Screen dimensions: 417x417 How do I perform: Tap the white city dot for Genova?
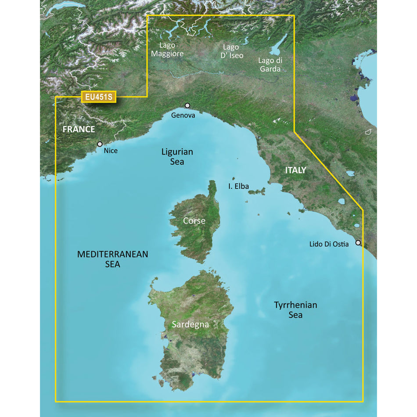click(x=187, y=105)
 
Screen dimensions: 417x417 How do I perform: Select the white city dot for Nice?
click(x=100, y=144)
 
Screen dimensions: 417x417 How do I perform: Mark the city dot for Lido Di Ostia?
click(x=358, y=243)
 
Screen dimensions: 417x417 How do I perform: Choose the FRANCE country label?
click(x=79, y=129)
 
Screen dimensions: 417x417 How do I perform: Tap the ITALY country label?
click(x=295, y=170)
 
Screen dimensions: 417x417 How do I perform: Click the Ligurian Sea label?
click(x=177, y=157)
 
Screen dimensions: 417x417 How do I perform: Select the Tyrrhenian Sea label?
click(x=295, y=309)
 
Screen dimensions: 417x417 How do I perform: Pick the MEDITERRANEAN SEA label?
click(x=113, y=259)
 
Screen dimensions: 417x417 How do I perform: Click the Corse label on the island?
click(x=194, y=221)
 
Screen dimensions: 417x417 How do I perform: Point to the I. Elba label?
click(x=238, y=186)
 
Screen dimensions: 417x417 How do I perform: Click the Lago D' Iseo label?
click(x=231, y=51)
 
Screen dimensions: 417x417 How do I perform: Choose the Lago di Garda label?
click(x=270, y=65)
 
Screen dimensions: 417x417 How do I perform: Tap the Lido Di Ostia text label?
click(x=329, y=244)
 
